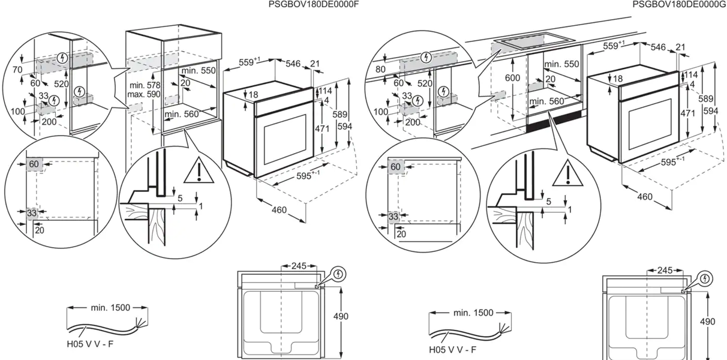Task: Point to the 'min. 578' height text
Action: click(x=144, y=85)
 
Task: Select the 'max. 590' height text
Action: click(x=144, y=95)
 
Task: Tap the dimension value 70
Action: click(x=17, y=70)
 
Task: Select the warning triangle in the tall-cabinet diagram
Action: click(x=199, y=172)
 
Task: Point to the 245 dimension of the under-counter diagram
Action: click(x=665, y=271)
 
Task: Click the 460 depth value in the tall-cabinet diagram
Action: click(x=278, y=210)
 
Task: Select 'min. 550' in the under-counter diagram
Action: click(x=561, y=64)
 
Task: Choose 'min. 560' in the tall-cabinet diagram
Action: click(x=182, y=114)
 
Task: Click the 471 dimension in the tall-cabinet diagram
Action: click(x=323, y=128)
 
